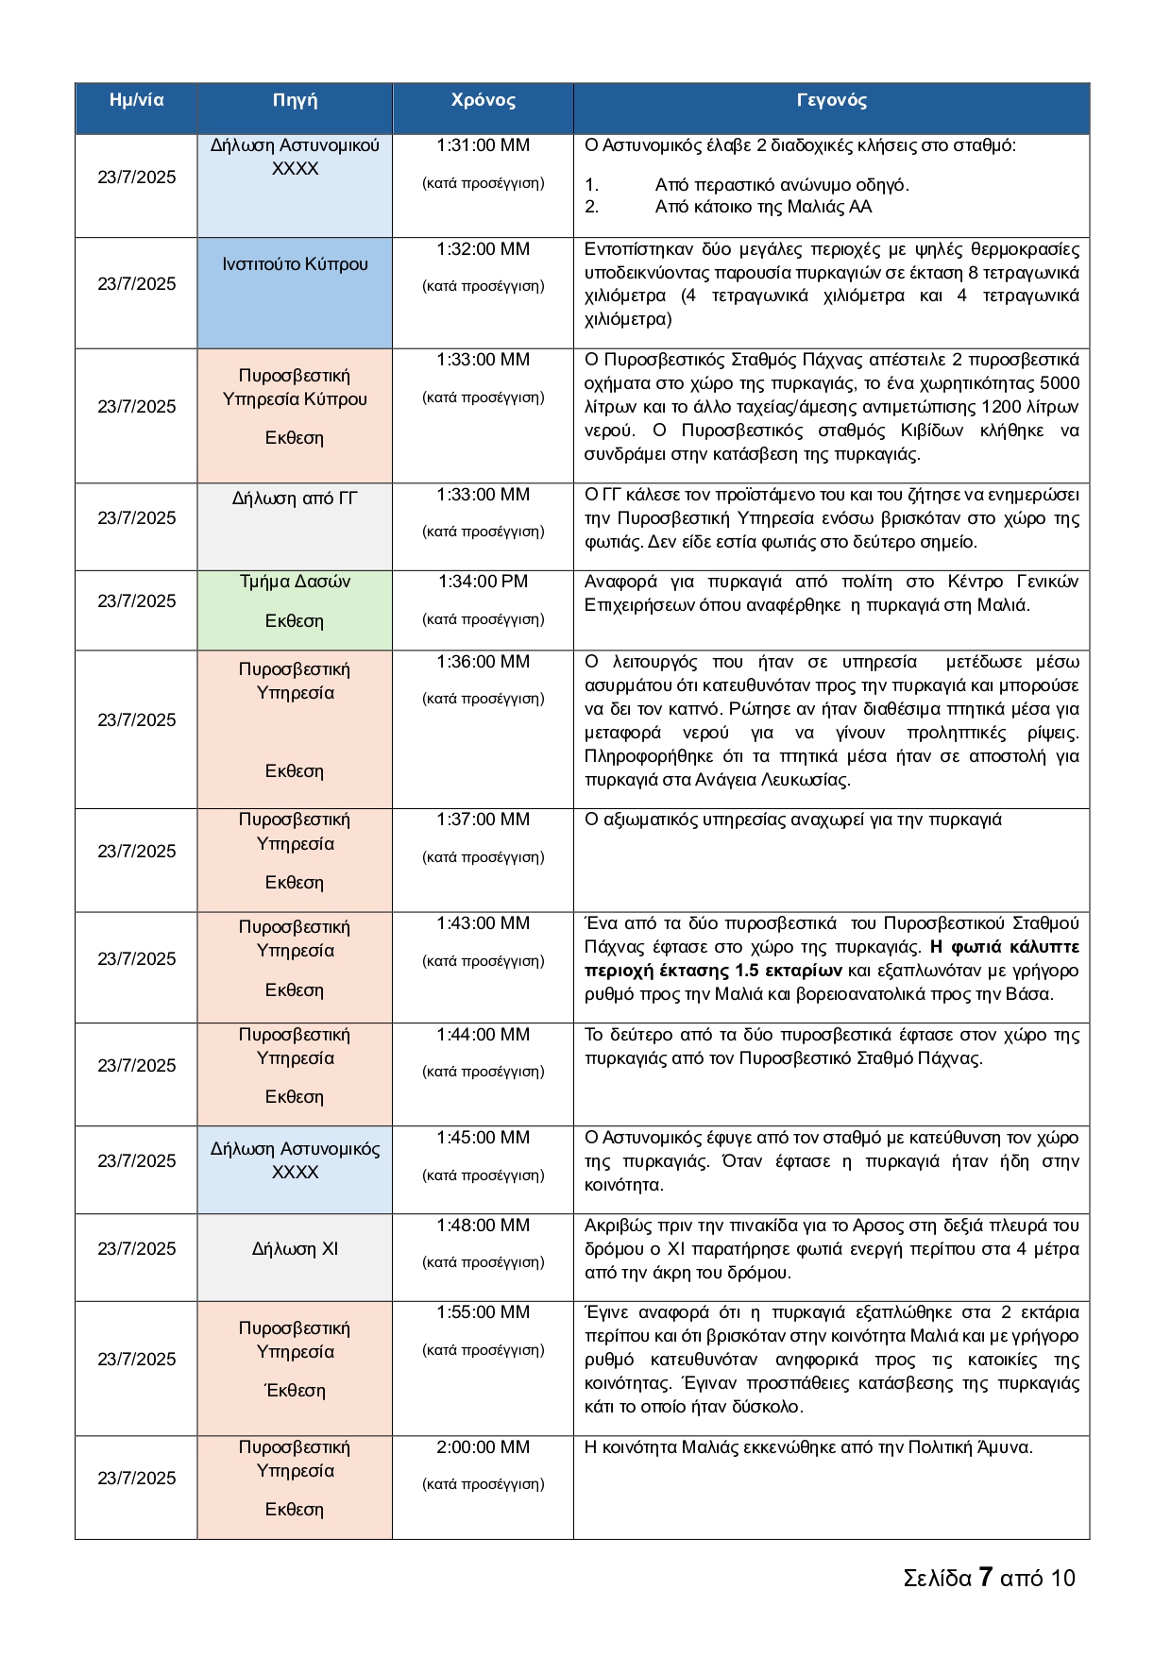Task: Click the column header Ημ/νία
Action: [x=136, y=100]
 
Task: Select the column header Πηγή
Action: [x=295, y=100]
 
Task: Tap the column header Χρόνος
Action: [x=483, y=100]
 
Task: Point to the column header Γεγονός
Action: [x=831, y=100]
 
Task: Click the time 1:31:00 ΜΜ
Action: [x=483, y=145]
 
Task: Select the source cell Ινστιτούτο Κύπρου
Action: [x=295, y=264]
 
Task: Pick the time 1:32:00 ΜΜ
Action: [x=483, y=249]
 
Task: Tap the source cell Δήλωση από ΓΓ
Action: [x=295, y=499]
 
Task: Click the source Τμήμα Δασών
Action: [x=295, y=582]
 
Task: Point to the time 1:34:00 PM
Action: [x=483, y=582]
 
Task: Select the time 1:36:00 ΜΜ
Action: [x=483, y=662]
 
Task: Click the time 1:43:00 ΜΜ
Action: [x=483, y=923]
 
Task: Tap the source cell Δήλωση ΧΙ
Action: [x=295, y=1249]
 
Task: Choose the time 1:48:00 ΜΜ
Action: [x=483, y=1226]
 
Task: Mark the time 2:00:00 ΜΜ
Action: [x=483, y=1447]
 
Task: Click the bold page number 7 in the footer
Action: [x=985, y=1578]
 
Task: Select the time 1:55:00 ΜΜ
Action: [x=483, y=1312]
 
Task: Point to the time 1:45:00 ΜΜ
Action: [x=483, y=1138]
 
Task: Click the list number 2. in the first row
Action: [x=592, y=207]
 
